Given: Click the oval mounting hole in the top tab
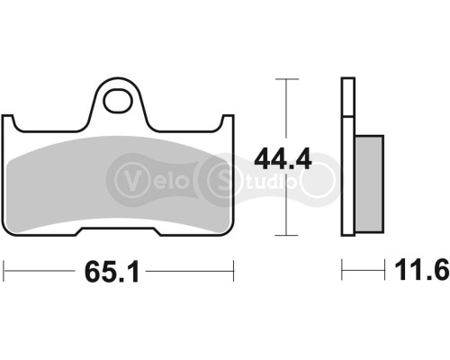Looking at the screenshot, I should pyautogui.click(x=117, y=100).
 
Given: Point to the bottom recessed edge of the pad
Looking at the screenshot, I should pyautogui.click(x=117, y=231).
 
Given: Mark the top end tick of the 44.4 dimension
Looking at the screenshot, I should pyautogui.click(x=285, y=80).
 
